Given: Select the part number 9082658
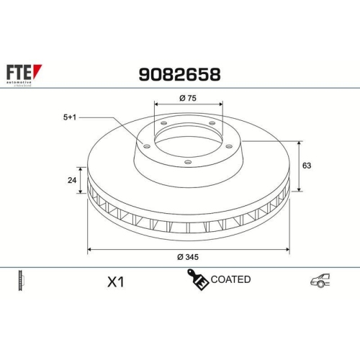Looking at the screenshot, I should [179, 73].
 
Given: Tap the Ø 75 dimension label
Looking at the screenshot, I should [187, 99].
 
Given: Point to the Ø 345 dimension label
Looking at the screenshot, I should [187, 258].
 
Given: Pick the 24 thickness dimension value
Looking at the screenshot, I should [71, 181].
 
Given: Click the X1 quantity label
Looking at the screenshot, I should [115, 282].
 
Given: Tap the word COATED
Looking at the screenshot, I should [230, 279].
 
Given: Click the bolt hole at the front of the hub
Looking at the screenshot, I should [187, 162].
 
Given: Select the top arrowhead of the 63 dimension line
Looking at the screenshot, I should [299, 143].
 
